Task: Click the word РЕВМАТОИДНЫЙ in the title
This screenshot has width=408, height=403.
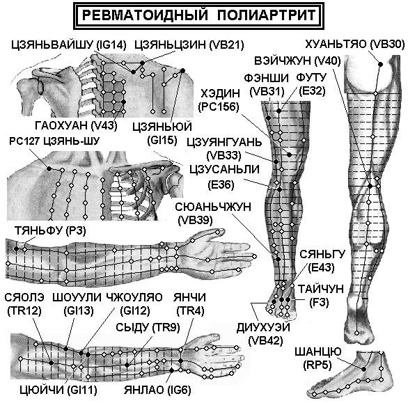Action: [145, 15]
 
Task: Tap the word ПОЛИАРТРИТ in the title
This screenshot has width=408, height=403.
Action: [266, 15]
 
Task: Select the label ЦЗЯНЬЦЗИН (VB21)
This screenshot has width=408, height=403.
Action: [189, 45]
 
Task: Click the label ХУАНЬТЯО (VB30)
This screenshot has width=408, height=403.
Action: [355, 45]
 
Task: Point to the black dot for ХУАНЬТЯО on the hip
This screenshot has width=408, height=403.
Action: [380, 64]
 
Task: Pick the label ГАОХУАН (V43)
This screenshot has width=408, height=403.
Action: [77, 126]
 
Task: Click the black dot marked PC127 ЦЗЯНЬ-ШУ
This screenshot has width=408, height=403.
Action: [49, 169]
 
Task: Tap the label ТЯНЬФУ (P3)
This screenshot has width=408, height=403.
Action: [50, 231]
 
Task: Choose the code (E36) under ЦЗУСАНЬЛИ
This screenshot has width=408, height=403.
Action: [221, 184]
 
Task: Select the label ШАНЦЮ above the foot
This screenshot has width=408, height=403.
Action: [317, 351]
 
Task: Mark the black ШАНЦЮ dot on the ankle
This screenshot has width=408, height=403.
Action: [363, 369]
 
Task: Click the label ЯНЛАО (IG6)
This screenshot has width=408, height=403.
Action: [157, 390]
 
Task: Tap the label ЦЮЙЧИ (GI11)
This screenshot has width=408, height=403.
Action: [58, 390]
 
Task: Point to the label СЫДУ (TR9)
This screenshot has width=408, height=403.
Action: [148, 328]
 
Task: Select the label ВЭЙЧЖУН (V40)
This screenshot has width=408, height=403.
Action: [297, 61]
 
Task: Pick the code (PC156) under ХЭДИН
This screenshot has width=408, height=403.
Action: [219, 106]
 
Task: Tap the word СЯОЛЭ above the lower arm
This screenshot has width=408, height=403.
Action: [24, 297]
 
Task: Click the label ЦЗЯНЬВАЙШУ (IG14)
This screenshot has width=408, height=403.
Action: [69, 45]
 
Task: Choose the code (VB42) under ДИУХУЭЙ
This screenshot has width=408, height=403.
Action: [266, 341]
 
